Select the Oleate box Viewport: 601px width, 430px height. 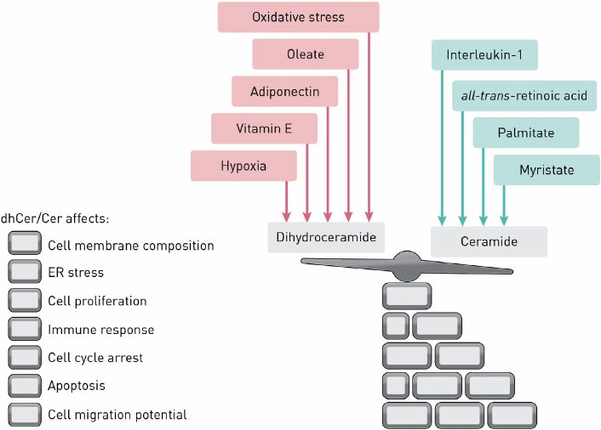click(x=305, y=54)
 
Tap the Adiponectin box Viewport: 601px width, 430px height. click(x=284, y=92)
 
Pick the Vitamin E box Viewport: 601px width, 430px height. click(x=264, y=129)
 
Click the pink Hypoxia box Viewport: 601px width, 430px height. click(x=243, y=166)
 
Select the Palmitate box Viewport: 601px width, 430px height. click(x=526, y=133)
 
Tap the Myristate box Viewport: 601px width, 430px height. click(x=546, y=170)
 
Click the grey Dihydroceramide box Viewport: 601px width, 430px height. click(x=326, y=238)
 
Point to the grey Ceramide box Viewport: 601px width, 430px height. click(x=489, y=241)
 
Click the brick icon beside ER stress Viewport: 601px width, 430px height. click(x=24, y=273)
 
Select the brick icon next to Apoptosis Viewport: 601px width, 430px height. click(x=24, y=386)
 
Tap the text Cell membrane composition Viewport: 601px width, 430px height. click(x=130, y=246)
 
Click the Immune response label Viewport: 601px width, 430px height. click(x=100, y=330)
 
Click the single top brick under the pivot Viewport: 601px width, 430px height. click(x=407, y=297)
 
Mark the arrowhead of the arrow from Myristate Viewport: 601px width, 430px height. click(x=504, y=218)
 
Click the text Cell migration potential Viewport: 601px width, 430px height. click(x=117, y=415)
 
